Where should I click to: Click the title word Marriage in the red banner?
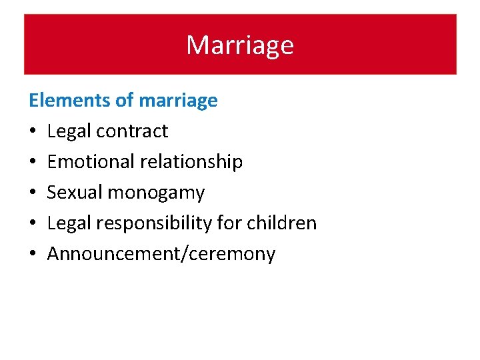pyautogui.click(x=239, y=45)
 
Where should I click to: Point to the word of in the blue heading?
pyautogui.click(x=125, y=101)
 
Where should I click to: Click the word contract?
pyautogui.click(x=132, y=131)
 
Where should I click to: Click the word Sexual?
pyautogui.click(x=75, y=193)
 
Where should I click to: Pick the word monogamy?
pyautogui.click(x=156, y=193)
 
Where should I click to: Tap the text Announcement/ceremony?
pyautogui.click(x=161, y=254)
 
